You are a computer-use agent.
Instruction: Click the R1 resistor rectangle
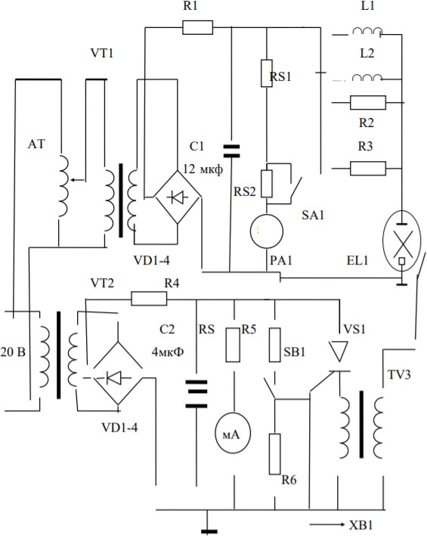click(x=197, y=27)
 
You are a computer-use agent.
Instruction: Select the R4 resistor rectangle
click(x=150, y=299)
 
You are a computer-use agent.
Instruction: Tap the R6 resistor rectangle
click(x=274, y=454)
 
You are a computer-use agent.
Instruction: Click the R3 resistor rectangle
click(x=368, y=168)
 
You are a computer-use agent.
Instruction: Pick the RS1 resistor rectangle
click(x=267, y=73)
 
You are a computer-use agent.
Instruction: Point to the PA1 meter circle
click(x=267, y=231)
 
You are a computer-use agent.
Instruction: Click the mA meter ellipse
click(x=232, y=432)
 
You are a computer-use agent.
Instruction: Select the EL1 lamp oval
click(x=402, y=241)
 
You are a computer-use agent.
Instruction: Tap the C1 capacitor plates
click(x=231, y=151)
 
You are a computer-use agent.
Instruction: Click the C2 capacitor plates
click(x=196, y=394)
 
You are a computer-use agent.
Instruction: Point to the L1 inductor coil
click(x=367, y=32)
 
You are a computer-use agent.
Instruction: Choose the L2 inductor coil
click(x=367, y=78)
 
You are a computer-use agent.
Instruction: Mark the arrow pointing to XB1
click(x=327, y=525)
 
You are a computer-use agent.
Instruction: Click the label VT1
click(x=101, y=54)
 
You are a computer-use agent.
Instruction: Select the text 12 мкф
click(x=203, y=169)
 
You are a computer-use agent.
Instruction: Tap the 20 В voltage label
click(x=13, y=352)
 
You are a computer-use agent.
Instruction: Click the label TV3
click(x=399, y=375)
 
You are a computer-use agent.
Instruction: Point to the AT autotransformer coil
click(x=63, y=186)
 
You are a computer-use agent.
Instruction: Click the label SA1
click(x=313, y=215)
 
